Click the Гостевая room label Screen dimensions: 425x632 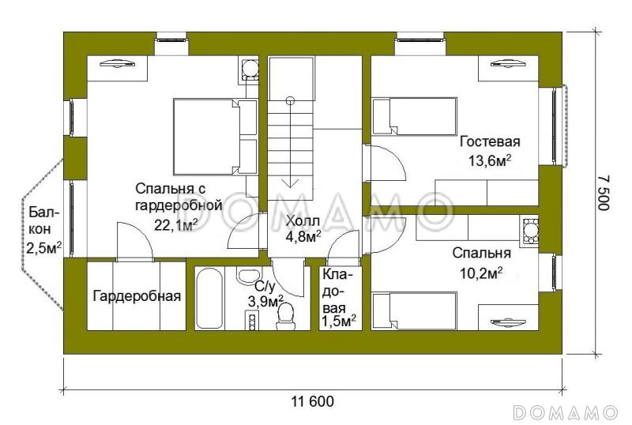(x=490, y=142)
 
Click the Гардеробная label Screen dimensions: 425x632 (x=137, y=297)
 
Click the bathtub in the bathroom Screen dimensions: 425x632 (x=210, y=299)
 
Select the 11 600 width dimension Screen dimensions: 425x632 (x=313, y=401)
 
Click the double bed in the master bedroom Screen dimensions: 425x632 (x=207, y=136)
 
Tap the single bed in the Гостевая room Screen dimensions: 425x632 (x=414, y=116)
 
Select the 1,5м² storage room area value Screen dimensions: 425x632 (x=338, y=320)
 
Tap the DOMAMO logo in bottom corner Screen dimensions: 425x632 (x=566, y=412)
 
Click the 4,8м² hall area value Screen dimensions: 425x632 (x=303, y=235)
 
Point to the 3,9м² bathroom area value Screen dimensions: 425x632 (x=266, y=301)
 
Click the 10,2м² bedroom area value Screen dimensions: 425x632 (x=482, y=273)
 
